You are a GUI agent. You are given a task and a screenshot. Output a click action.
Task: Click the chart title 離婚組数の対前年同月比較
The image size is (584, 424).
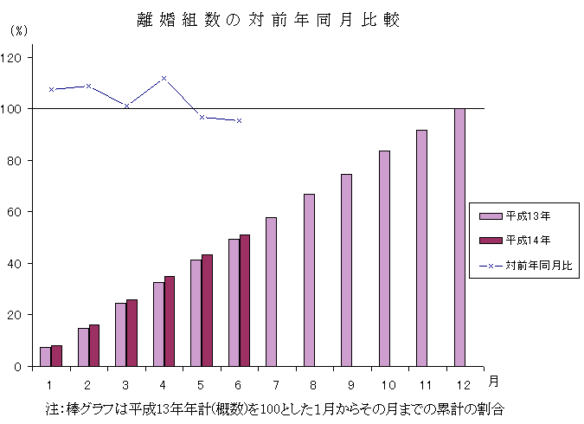pyautogui.click(x=268, y=20)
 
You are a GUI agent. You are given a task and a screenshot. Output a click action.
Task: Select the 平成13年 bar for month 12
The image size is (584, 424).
pyautogui.click(x=459, y=237)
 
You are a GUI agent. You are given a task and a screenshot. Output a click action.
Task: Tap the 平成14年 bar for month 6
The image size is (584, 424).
pyautogui.click(x=245, y=300)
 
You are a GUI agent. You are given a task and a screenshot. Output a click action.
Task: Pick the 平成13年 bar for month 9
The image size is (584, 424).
pyautogui.click(x=346, y=270)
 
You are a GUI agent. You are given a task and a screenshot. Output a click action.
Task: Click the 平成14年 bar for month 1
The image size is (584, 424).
pyautogui.click(x=56, y=356)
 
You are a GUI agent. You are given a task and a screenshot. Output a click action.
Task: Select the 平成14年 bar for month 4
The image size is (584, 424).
pyautogui.click(x=170, y=321)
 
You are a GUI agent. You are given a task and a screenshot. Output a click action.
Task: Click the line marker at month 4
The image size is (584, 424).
pyautogui.click(x=164, y=79)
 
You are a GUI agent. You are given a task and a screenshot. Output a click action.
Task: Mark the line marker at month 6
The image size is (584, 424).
pyautogui.click(x=239, y=120)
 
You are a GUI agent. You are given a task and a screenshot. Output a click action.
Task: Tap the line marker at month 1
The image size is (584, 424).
pyautogui.click(x=52, y=89)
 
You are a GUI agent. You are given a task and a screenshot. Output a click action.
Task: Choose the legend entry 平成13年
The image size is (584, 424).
pyautogui.click(x=525, y=215)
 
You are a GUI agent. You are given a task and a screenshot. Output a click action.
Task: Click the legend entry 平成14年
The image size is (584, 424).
pyautogui.click(x=525, y=240)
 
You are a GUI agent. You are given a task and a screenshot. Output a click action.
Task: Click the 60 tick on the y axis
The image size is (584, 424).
pyautogui.click(x=18, y=212)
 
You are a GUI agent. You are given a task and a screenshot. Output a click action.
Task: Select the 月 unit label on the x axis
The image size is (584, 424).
pyautogui.click(x=491, y=381)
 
